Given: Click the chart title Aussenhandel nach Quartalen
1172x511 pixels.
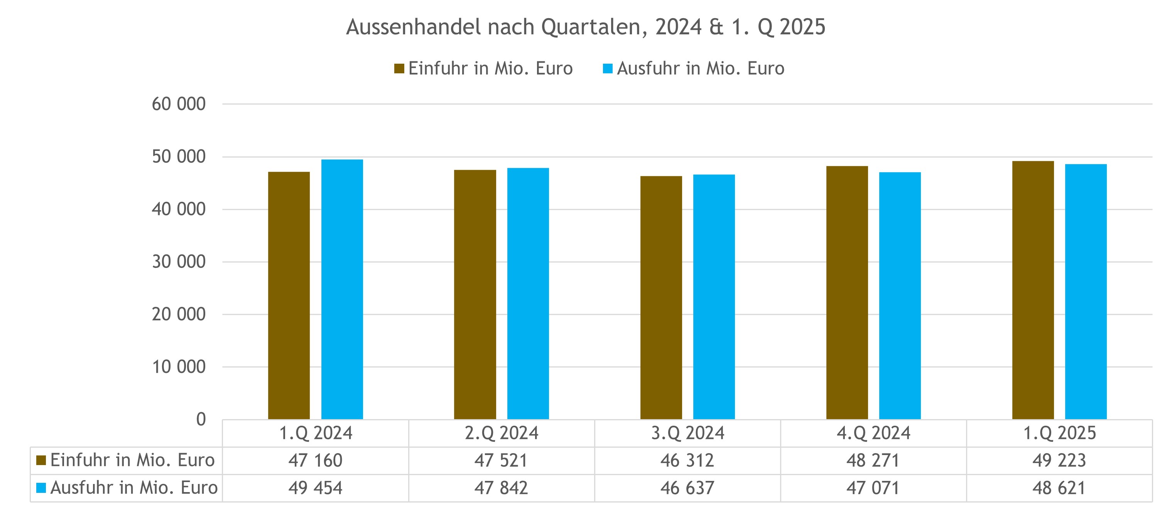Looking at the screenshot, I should [586, 27].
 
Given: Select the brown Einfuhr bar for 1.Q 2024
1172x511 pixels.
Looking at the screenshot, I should [289, 296].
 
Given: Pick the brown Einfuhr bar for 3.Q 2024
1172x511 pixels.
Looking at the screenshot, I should [661, 298].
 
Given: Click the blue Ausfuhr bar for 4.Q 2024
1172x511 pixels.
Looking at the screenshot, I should [900, 296].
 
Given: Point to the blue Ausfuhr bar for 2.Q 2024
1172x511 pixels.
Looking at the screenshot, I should [528, 293].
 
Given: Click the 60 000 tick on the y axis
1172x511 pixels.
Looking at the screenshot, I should [178, 104].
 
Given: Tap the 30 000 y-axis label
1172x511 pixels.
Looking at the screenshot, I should [178, 262].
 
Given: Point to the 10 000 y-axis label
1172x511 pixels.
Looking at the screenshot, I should [178, 367].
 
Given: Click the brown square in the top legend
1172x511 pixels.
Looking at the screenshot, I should [399, 69].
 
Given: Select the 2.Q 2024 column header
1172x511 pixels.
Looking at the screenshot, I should [502, 433].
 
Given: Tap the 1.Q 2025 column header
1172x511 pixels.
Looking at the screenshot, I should [1059, 433].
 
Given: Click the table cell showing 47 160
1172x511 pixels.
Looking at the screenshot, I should [315, 460].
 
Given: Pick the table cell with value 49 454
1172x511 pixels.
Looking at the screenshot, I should [315, 488].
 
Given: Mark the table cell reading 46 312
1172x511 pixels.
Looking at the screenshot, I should [687, 460].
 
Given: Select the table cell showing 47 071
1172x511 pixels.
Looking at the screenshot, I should [873, 488].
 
